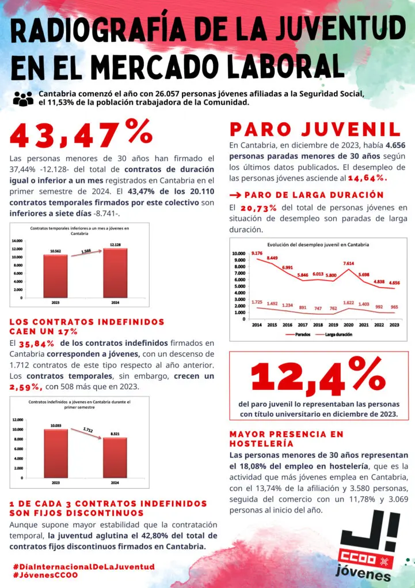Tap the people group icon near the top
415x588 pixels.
(x=23, y=99)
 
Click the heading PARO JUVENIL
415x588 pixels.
(x=315, y=129)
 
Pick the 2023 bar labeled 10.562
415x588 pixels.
(x=55, y=276)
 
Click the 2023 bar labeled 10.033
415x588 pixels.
(x=55, y=453)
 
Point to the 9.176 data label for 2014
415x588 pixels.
(x=257, y=253)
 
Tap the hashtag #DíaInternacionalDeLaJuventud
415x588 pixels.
(x=83, y=567)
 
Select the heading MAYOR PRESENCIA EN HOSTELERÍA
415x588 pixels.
(x=286, y=439)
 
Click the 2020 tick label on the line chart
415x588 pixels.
(x=348, y=325)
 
